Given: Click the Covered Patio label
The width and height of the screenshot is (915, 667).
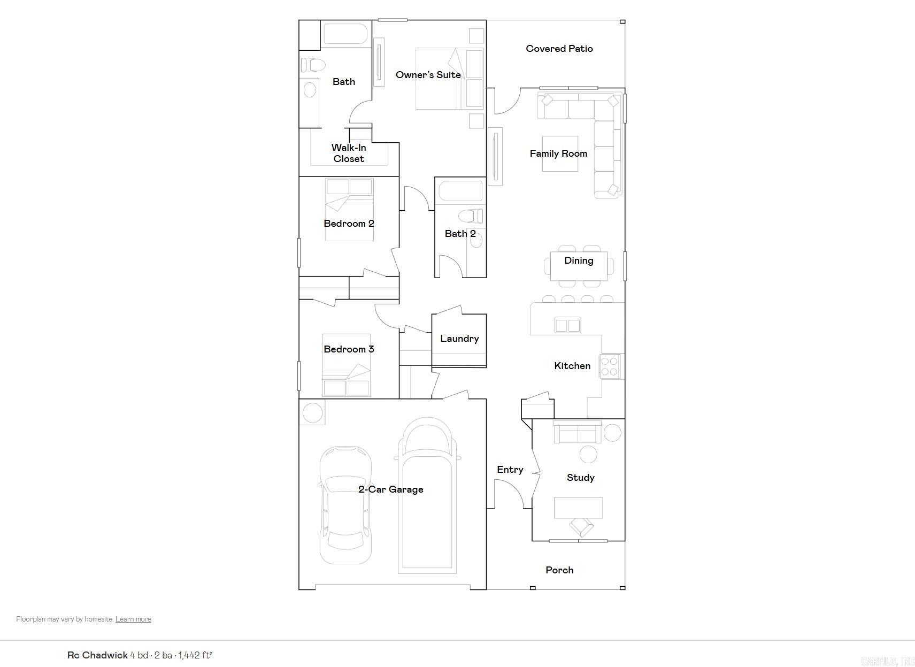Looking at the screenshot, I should (x=559, y=49).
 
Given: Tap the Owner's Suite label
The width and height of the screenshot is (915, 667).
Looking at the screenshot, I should (x=428, y=75).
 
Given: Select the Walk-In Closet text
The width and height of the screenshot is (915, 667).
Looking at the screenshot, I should (x=349, y=153).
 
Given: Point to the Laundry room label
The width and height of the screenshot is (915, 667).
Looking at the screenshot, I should (x=459, y=339).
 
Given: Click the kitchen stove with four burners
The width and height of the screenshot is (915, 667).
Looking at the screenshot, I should (x=610, y=366).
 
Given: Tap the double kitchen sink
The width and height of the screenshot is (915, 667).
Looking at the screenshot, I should (x=567, y=325).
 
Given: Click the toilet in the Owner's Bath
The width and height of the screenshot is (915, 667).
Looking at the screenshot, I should (x=313, y=65).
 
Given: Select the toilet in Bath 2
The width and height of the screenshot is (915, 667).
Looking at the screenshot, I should (x=471, y=216).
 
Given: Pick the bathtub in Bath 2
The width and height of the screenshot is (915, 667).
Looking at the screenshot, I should (x=460, y=191).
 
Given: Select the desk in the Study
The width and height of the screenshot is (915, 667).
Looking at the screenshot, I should (x=578, y=507).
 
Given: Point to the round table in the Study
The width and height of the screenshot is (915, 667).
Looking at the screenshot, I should (x=588, y=454).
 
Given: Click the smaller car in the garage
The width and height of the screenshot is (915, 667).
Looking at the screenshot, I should (x=345, y=505).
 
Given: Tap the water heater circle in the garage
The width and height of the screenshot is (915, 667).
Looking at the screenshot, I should (x=312, y=412).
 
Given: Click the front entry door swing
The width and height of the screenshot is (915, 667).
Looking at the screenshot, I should (x=508, y=492).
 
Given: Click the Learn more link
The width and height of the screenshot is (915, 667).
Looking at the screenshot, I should (x=133, y=619).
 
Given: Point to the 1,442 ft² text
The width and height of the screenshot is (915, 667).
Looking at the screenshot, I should (x=195, y=655).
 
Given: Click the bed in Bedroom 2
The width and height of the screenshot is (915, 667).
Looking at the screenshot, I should (x=349, y=210).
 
